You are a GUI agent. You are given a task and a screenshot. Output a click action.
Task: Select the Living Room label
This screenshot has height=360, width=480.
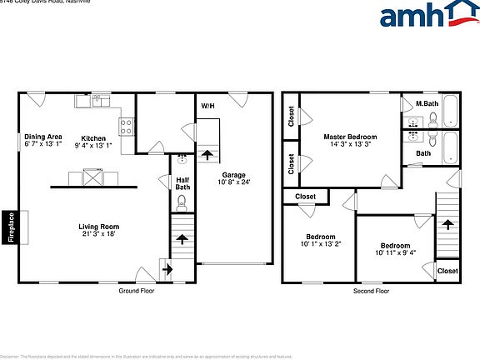coord(99,226)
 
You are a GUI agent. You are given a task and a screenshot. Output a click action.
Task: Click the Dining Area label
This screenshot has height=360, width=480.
coord(43,137)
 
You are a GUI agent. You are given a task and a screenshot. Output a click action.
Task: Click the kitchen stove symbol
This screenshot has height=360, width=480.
coord(127,127)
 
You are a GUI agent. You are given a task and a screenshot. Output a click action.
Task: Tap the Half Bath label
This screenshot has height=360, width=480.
coord(182,182)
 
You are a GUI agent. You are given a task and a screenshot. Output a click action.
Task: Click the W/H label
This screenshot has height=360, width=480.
coord(207,107)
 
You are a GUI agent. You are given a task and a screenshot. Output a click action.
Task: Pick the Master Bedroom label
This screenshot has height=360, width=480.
coord(350,137)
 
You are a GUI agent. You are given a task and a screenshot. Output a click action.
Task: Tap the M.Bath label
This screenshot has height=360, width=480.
coord(427,104)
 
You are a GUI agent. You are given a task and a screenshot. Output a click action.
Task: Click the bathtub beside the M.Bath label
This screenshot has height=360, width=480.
coord(450,111)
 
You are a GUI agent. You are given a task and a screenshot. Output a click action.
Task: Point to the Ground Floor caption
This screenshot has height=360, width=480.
coord(137,291)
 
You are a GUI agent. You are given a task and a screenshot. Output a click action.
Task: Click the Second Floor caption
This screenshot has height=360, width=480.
coord(372,291)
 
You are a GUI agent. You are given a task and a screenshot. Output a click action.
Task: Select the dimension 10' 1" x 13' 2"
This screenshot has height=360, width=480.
coord(321,244)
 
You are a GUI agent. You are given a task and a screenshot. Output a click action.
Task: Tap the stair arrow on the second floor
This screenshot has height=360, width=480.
coord(447,224)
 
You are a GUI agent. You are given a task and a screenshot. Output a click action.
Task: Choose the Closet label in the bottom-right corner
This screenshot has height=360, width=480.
coord(447,271)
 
